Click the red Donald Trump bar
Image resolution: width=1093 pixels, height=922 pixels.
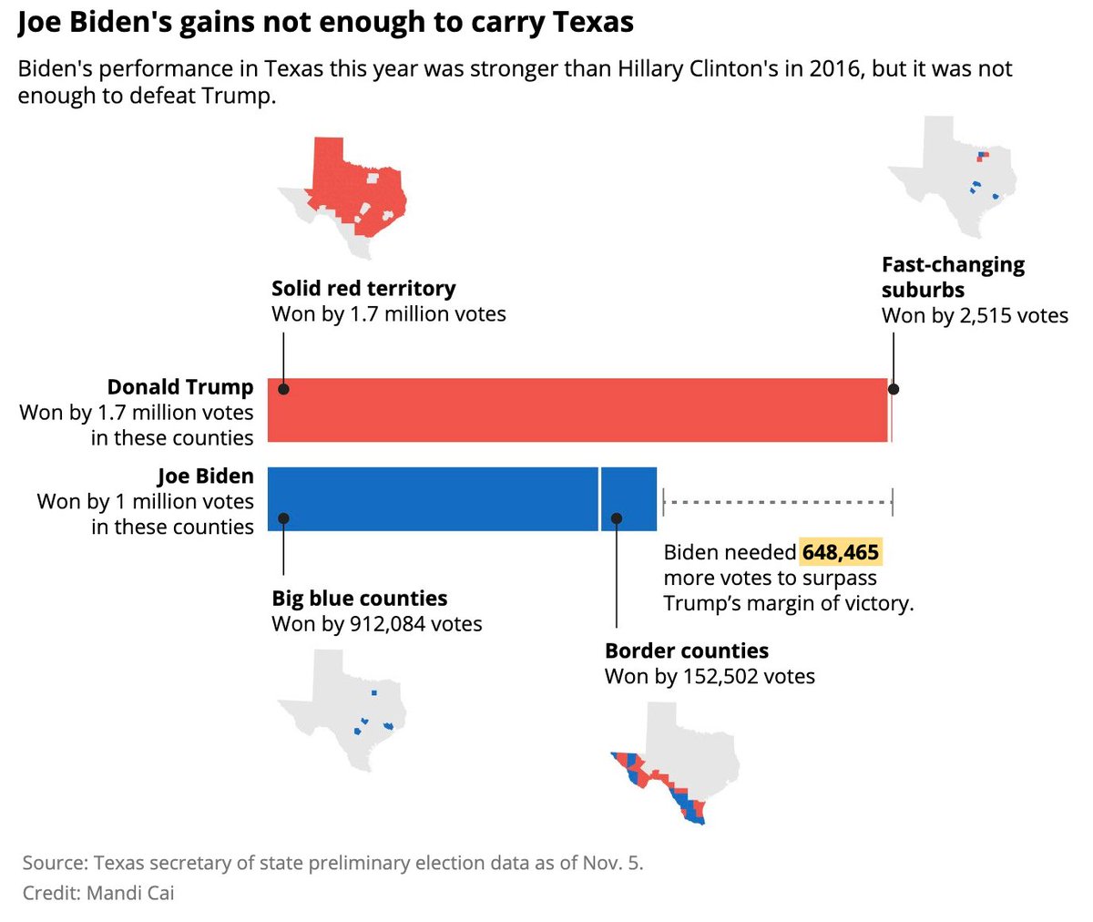point(577,410)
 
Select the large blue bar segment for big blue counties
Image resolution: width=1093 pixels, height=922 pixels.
point(433,498)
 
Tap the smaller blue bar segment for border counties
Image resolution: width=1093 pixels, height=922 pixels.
point(628,498)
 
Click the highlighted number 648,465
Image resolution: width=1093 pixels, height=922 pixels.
point(840,552)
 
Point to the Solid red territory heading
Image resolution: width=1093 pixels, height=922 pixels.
point(363,289)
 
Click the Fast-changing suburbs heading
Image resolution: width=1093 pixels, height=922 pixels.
point(952,277)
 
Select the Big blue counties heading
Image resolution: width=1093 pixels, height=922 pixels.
point(360,599)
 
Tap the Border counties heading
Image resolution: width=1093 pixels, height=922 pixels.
point(687,651)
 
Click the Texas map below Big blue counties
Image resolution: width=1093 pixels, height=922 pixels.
point(342,710)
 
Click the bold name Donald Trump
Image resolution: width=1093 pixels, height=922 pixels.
point(180,387)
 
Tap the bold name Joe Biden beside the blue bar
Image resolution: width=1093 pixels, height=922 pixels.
point(206,476)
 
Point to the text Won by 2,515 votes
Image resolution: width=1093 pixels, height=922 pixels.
point(975,316)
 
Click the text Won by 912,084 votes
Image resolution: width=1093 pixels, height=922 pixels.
point(377,624)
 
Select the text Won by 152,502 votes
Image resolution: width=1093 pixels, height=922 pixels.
point(710,677)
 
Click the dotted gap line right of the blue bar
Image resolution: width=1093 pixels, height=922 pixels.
point(778,501)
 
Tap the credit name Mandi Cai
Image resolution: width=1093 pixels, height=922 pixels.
point(130,893)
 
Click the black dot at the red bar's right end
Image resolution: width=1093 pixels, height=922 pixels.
point(894,389)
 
